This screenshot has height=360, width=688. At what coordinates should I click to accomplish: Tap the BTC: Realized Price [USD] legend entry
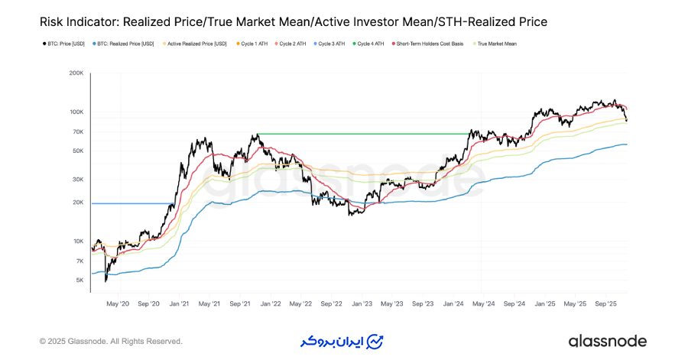(x=124, y=44)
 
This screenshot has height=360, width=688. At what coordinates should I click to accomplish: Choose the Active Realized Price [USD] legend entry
(x=194, y=44)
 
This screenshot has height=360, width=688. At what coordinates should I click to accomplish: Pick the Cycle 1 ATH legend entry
(x=255, y=44)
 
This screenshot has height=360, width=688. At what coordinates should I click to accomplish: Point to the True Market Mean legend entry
(x=496, y=44)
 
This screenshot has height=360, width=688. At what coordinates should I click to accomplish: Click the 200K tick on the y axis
(x=76, y=73)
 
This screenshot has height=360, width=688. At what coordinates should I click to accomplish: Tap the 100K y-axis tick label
(x=76, y=112)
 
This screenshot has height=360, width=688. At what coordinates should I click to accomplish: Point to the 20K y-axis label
(x=77, y=203)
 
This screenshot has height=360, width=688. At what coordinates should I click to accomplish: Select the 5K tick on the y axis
(x=79, y=281)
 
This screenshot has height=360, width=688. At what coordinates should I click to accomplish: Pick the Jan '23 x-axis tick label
(x=362, y=303)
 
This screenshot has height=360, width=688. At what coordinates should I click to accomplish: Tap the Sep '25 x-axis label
(x=605, y=303)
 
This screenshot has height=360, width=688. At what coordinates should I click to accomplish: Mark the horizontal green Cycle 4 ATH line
(x=359, y=134)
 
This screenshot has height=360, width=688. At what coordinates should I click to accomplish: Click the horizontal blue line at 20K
(x=130, y=203)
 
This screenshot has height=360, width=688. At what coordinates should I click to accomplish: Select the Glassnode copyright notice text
(x=112, y=341)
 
